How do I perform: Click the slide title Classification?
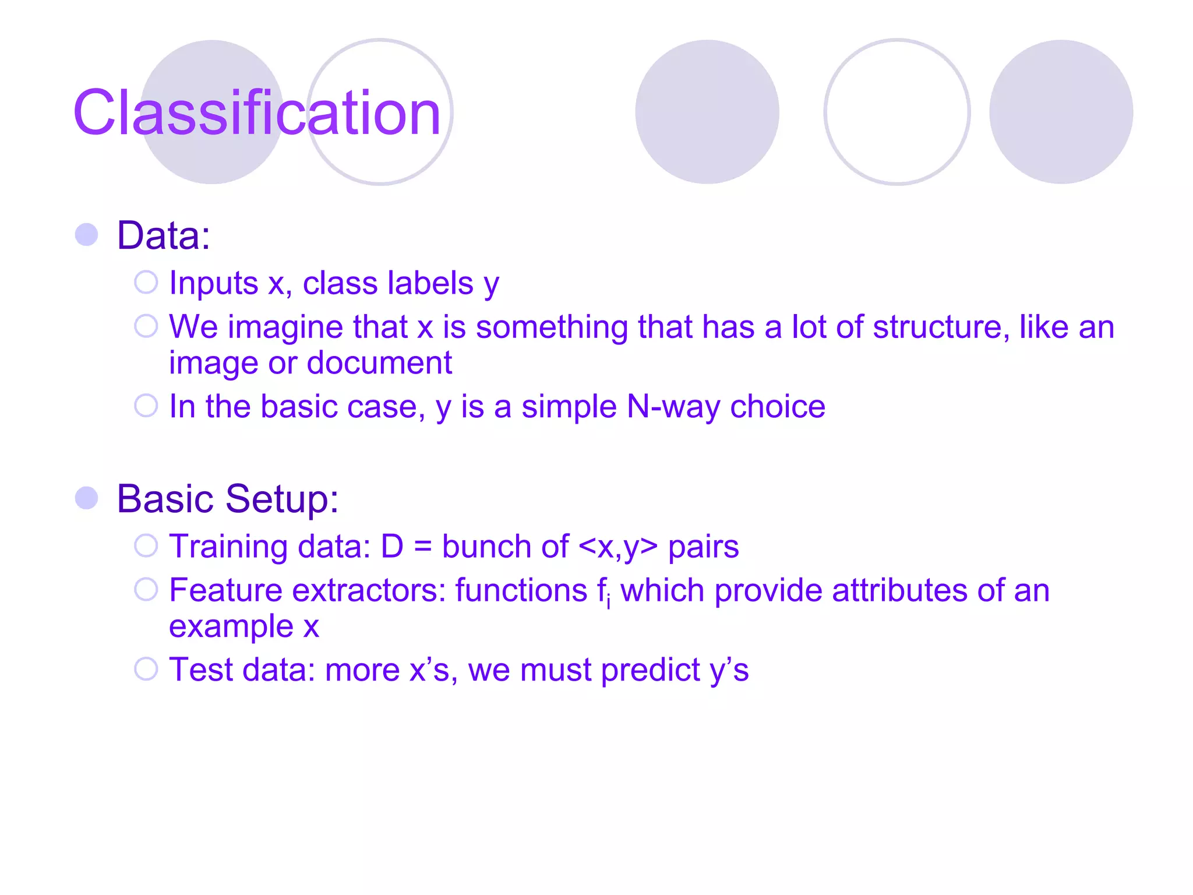pos(257,112)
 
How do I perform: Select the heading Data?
pos(164,235)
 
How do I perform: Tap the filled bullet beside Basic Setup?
pos(87,498)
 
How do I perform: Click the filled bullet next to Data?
pos(87,235)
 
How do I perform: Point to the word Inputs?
pos(213,284)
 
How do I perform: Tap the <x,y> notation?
pos(618,547)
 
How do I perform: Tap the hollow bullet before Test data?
pos(146,669)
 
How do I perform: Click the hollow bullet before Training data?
pos(146,546)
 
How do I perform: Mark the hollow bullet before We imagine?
pos(146,326)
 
